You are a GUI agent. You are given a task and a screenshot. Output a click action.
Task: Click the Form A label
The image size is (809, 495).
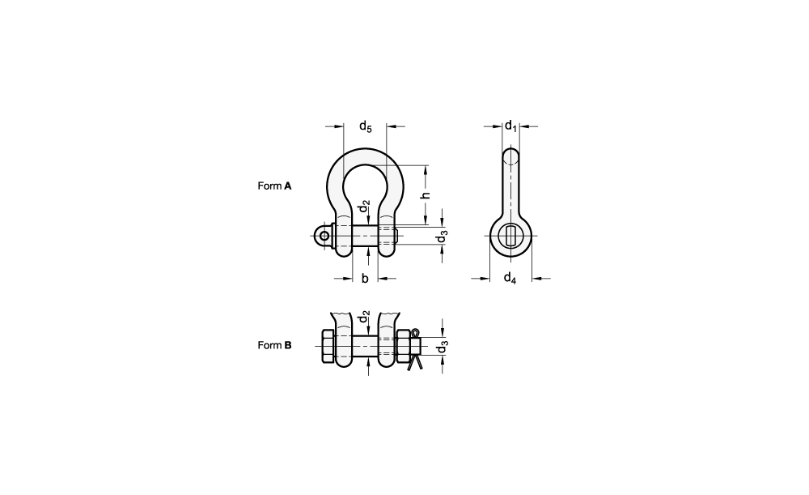coord(274,186)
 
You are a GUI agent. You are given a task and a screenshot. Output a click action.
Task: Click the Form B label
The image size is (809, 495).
coord(274,345)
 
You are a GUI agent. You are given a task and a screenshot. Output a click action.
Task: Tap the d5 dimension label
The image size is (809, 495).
coord(366,126)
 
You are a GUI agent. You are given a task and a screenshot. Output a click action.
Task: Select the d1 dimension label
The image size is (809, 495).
coord(510,126)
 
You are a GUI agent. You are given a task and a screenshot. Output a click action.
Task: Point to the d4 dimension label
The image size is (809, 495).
coord(510,278)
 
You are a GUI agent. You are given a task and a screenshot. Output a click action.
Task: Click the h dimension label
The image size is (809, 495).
coord(426,194)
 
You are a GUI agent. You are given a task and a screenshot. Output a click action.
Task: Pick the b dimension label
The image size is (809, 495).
coord(365,279)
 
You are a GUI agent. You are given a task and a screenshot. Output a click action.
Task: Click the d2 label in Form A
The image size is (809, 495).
coord(366,206)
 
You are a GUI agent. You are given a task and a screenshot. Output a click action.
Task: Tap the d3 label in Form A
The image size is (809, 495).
coord(442,236)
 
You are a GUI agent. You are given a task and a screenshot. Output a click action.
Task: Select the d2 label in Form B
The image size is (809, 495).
coord(366,316)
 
